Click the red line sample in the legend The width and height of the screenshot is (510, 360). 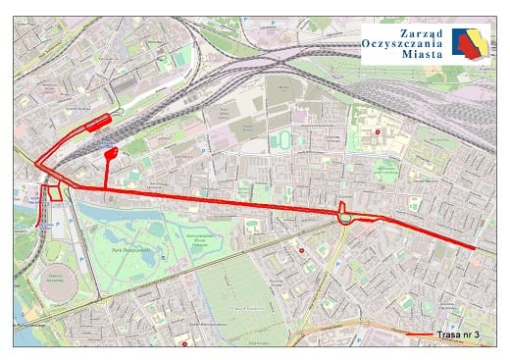pos(419,335)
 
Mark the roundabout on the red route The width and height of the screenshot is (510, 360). pos(346,216)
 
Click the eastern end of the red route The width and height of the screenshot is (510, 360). pos(476,249)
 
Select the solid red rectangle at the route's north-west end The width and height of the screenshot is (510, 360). pos(98,123)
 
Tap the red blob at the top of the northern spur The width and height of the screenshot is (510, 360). pos(111,153)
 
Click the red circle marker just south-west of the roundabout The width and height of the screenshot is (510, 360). pos(301,250)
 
